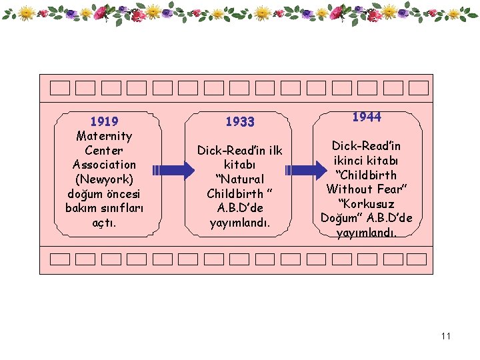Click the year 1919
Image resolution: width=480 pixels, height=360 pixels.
(x=104, y=121)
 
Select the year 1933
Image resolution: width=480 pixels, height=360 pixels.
(x=240, y=121)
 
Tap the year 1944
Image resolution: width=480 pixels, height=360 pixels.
(x=367, y=117)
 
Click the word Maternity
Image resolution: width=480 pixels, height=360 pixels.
(x=104, y=136)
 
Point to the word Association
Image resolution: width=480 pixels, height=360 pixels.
(x=104, y=165)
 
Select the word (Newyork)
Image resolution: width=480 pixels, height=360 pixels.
(x=104, y=179)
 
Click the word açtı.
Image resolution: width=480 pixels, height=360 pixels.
(x=104, y=223)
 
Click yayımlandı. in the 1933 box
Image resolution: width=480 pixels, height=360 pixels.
(x=240, y=223)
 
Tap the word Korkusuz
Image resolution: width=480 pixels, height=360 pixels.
(x=367, y=204)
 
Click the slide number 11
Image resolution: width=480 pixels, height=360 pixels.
(x=446, y=336)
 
